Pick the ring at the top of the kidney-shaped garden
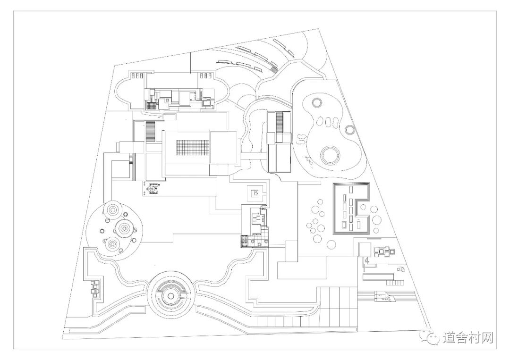316,101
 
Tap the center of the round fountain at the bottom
170,295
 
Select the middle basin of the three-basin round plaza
124,228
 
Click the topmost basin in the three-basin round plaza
113,209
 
